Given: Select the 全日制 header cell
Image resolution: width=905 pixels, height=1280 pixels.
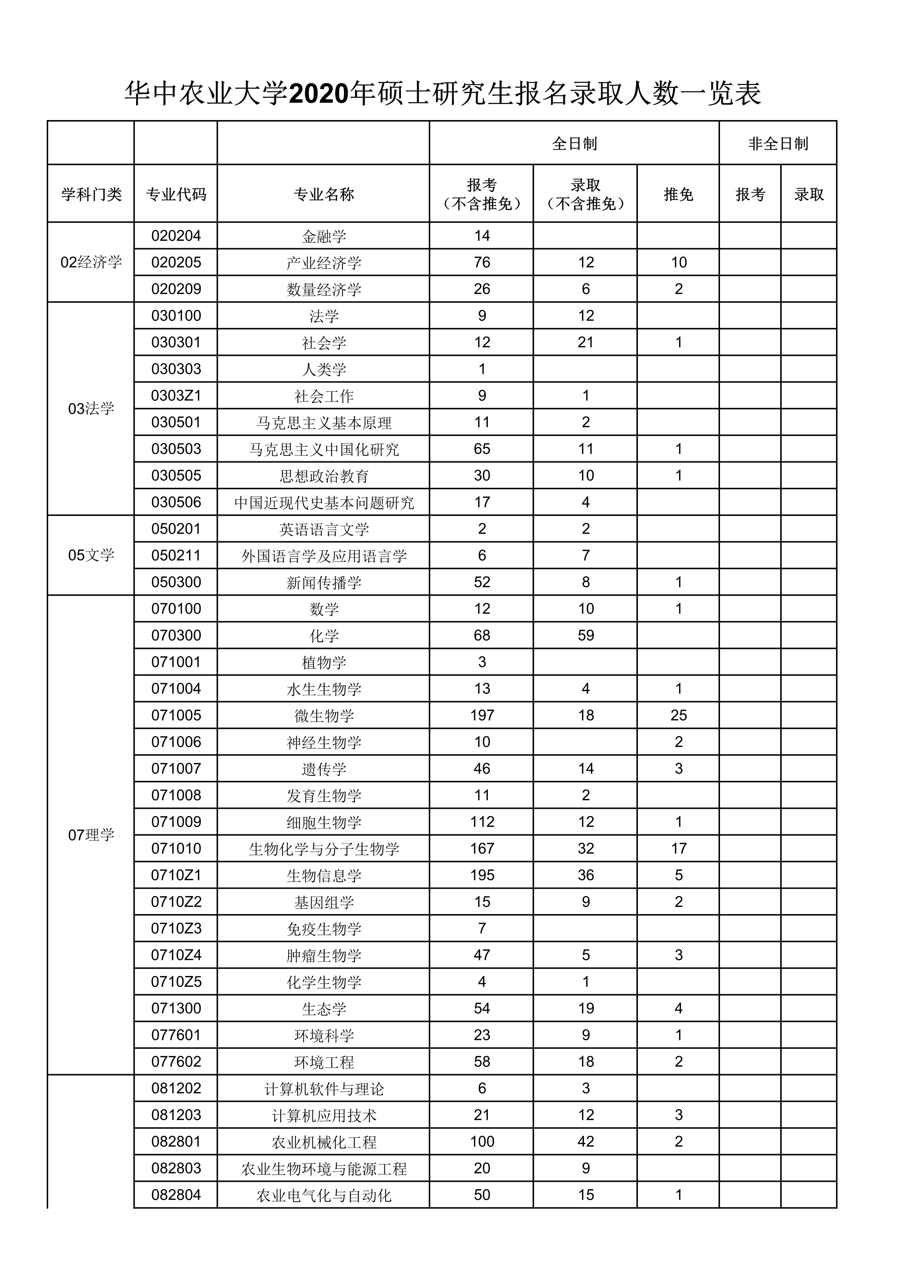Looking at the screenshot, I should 574,144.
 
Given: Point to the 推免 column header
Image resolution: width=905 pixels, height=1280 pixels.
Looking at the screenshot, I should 678,194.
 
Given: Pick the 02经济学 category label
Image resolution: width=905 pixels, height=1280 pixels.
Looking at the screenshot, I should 91,262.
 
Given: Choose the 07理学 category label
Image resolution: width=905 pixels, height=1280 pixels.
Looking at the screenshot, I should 91,835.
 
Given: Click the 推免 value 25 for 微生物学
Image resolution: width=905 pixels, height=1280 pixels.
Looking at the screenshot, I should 678,715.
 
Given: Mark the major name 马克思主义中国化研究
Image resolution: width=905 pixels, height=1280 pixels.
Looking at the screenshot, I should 324,449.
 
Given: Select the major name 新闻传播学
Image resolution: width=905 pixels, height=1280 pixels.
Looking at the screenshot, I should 324,583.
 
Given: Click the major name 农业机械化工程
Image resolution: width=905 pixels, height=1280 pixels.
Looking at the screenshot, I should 324,1142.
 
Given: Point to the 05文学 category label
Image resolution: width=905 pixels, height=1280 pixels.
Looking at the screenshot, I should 91,555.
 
